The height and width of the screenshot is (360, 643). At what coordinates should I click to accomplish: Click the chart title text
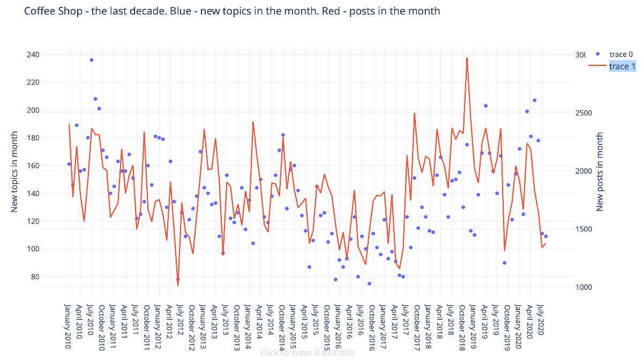pyautogui.click(x=232, y=11)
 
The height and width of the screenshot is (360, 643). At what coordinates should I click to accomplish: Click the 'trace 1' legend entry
pyautogui.click(x=622, y=66)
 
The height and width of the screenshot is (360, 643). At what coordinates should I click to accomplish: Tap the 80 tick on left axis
pyautogui.click(x=34, y=277)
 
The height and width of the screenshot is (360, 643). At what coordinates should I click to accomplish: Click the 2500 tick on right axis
pyautogui.click(x=583, y=113)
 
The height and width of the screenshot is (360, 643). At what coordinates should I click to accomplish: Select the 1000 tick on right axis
pyautogui.click(x=583, y=287)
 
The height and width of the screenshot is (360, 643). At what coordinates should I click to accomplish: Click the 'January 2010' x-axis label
pyautogui.click(x=69, y=327)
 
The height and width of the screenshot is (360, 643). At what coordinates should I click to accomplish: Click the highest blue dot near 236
pyautogui.click(x=92, y=60)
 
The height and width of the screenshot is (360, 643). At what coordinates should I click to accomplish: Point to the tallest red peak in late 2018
pyautogui.click(x=467, y=58)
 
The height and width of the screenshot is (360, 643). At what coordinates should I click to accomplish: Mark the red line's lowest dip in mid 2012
pyautogui.click(x=178, y=286)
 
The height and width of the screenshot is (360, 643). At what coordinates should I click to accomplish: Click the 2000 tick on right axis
pyautogui.click(x=583, y=171)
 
